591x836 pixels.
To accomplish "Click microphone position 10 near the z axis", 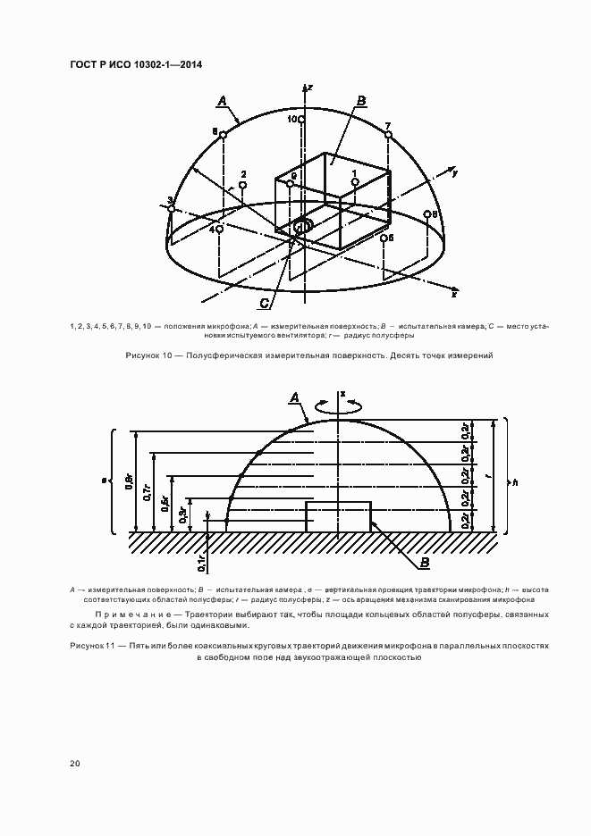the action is pyautogui.click(x=302, y=119).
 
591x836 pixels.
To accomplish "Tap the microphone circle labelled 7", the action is pyautogui.click(x=388, y=135).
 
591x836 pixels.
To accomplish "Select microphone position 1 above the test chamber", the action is pyautogui.click(x=355, y=182).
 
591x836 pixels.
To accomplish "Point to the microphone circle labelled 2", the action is pyautogui.click(x=242, y=184).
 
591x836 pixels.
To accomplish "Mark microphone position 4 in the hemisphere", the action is pyautogui.click(x=219, y=229).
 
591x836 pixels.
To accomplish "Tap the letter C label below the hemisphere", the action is pyautogui.click(x=277, y=302).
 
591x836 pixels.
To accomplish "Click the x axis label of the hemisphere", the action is pyautogui.click(x=454, y=294).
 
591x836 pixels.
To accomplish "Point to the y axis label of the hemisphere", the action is pyautogui.click(x=455, y=173).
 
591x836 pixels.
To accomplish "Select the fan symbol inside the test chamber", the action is pyautogui.click(x=302, y=226).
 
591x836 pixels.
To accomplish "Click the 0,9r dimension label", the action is pyautogui.click(x=130, y=484).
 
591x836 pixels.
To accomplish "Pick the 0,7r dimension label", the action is pyautogui.click(x=148, y=495).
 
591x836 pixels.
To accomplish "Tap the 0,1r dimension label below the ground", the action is pyautogui.click(x=201, y=561).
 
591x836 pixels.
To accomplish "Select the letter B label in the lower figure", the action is pyautogui.click(x=425, y=563).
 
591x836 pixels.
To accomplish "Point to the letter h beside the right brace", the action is pyautogui.click(x=516, y=482).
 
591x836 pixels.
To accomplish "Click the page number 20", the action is pyautogui.click(x=74, y=763).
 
